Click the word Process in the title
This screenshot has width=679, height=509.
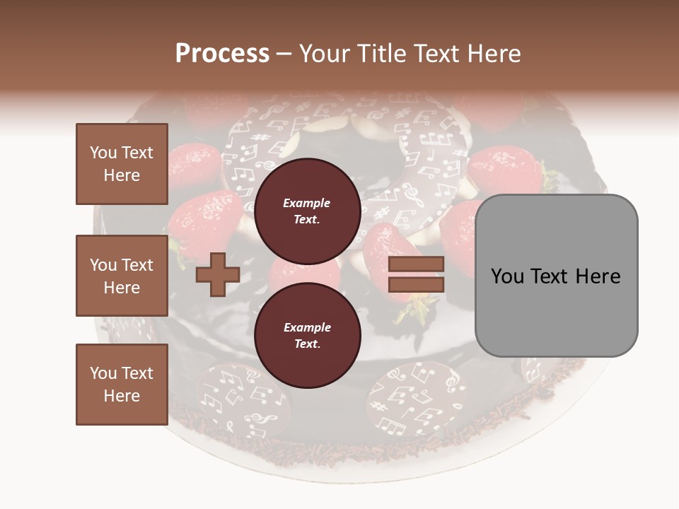(x=222, y=53)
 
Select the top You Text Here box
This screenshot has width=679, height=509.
(x=122, y=164)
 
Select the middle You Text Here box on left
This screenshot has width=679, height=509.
(x=122, y=276)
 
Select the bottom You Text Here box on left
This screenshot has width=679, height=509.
(x=122, y=385)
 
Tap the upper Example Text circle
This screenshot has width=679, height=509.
(x=307, y=211)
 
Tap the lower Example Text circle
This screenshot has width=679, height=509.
(x=307, y=335)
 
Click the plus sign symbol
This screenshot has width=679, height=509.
(x=217, y=274)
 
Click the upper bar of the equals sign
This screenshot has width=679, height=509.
(x=417, y=264)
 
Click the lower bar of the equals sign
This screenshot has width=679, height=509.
(x=417, y=284)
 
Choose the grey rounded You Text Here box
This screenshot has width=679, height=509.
(x=556, y=276)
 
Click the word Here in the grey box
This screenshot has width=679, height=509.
(x=598, y=276)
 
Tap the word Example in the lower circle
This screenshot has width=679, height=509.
(x=307, y=327)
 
